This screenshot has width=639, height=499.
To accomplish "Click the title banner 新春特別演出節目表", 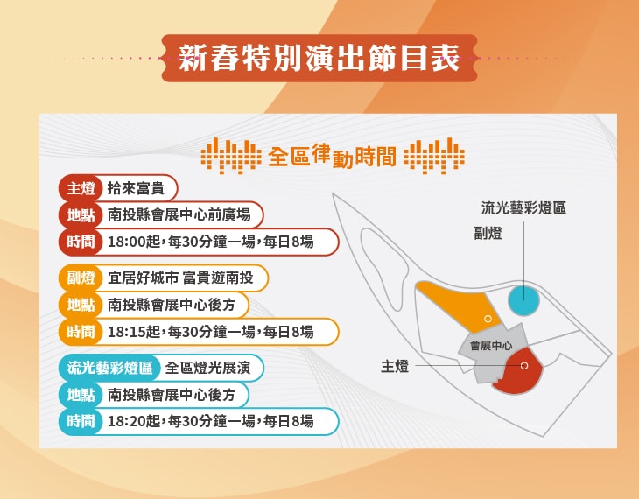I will [319, 59].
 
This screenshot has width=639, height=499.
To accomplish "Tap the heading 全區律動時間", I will [332, 157].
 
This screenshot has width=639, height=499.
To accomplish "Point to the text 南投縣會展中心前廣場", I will [180, 214].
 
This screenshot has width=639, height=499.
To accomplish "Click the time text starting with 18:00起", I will [210, 242].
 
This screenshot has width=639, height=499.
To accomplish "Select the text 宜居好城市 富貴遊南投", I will [181, 278].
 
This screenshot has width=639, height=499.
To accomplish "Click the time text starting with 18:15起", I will [210, 332].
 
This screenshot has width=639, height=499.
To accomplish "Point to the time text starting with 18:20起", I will [210, 421].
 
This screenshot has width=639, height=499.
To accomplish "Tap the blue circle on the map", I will [524, 300].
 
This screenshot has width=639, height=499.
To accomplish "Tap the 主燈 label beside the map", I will [395, 366].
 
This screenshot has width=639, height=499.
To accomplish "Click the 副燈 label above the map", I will [488, 234].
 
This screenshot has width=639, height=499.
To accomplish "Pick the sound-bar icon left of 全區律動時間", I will [230, 156].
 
